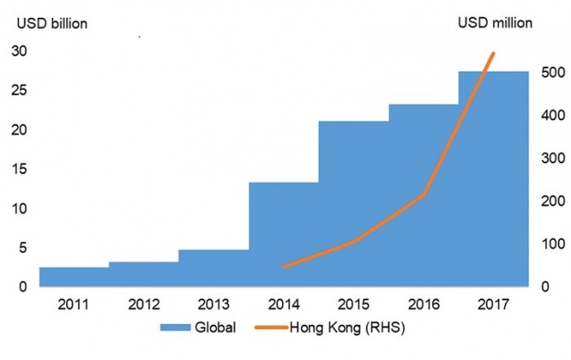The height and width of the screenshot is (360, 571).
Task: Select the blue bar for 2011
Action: coord(74,277)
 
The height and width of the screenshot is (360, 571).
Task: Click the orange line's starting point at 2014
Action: coord(283,267)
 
